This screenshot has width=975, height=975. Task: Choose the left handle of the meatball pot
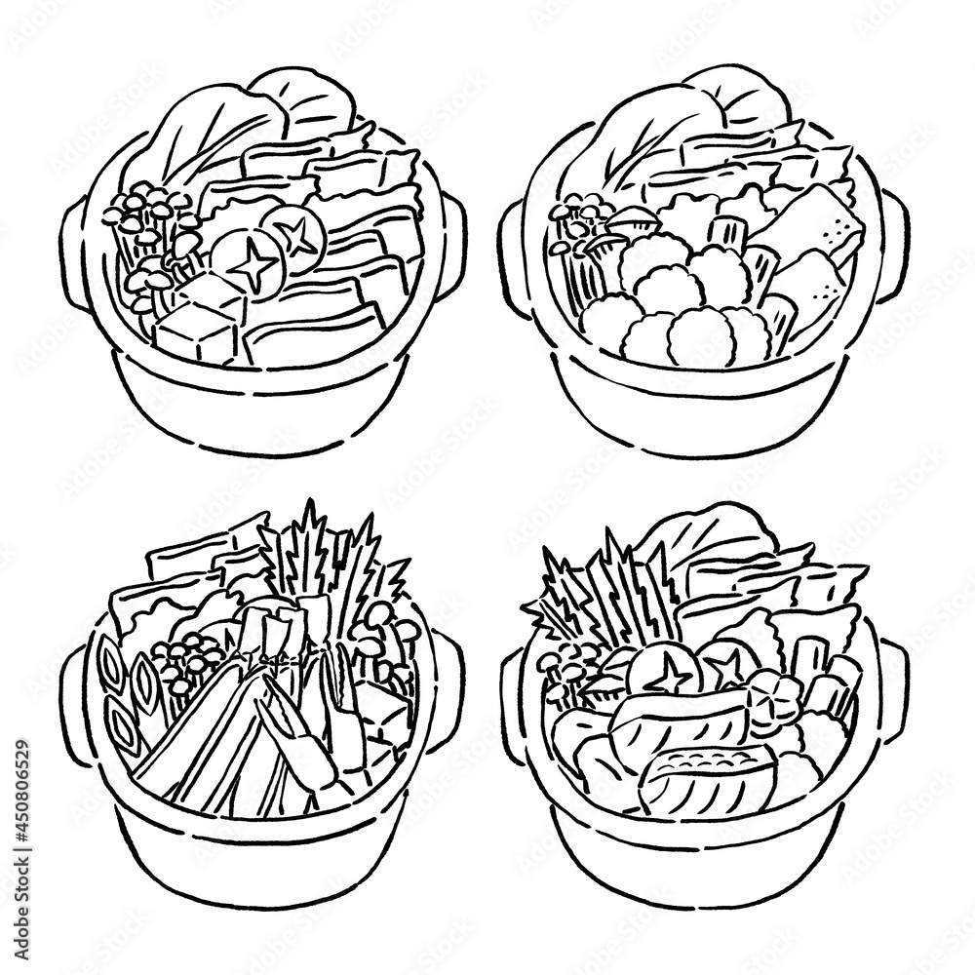[x=514, y=244]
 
